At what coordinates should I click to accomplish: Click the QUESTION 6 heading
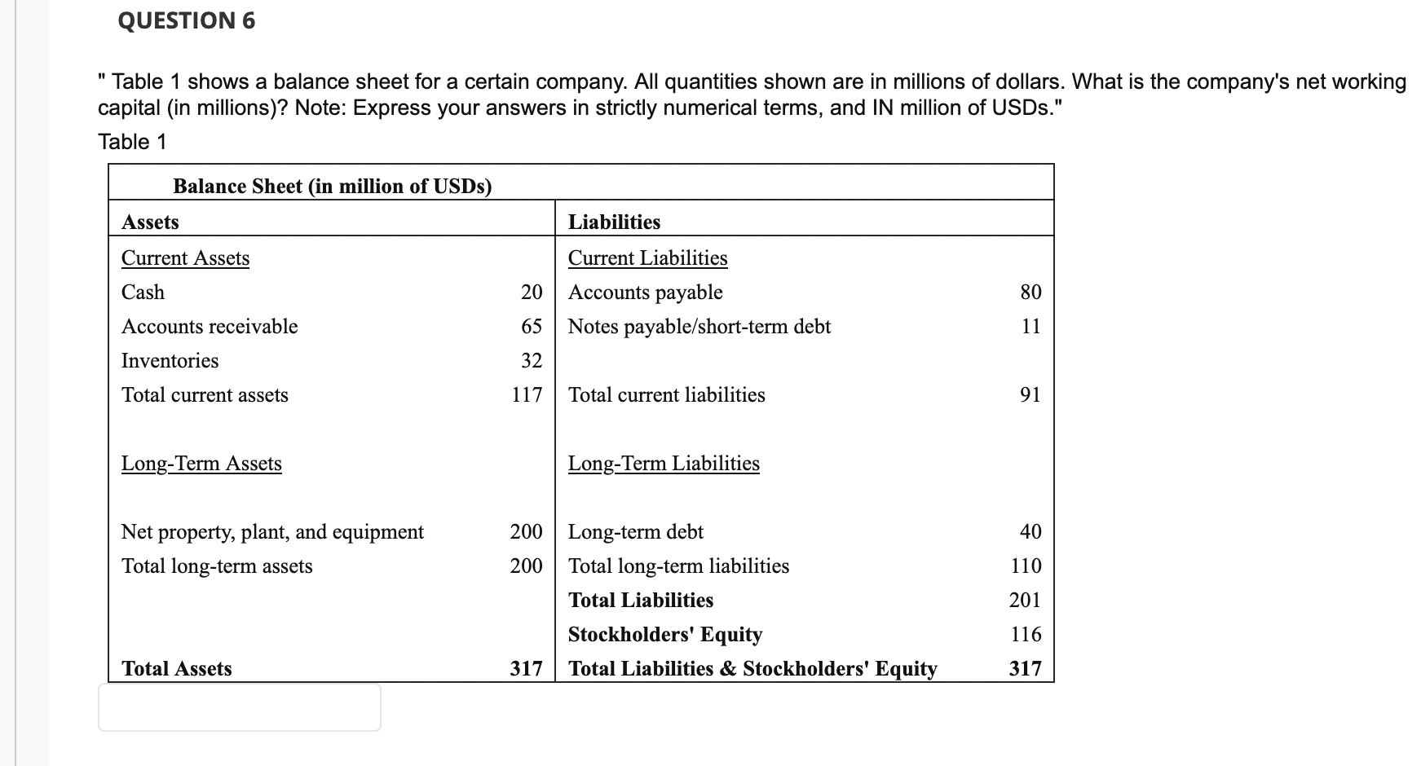(x=187, y=20)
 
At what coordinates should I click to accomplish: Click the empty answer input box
(x=239, y=707)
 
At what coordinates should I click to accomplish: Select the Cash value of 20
(x=532, y=292)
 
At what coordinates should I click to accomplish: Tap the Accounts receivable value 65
(x=532, y=326)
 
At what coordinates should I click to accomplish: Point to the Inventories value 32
(x=532, y=360)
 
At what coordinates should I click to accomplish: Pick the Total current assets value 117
(x=527, y=394)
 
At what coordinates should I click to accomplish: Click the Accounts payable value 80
(x=1030, y=292)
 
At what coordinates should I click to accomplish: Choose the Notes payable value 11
(x=1030, y=326)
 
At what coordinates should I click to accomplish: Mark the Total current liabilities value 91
(x=1030, y=394)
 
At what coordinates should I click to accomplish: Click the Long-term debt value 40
(x=1030, y=531)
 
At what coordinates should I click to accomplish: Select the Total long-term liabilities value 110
(x=1026, y=566)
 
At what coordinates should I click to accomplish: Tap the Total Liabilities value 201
(x=1025, y=600)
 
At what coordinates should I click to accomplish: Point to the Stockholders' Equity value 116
(x=1026, y=634)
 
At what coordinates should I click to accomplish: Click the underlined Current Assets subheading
(x=185, y=258)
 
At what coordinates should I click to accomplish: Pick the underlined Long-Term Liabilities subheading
(x=664, y=463)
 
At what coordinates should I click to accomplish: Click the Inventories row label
(x=170, y=360)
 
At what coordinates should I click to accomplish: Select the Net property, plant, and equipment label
(x=272, y=531)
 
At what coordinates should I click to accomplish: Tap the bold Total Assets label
(x=176, y=668)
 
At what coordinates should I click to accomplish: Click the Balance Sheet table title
(x=332, y=186)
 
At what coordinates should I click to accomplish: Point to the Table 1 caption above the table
(x=132, y=142)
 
